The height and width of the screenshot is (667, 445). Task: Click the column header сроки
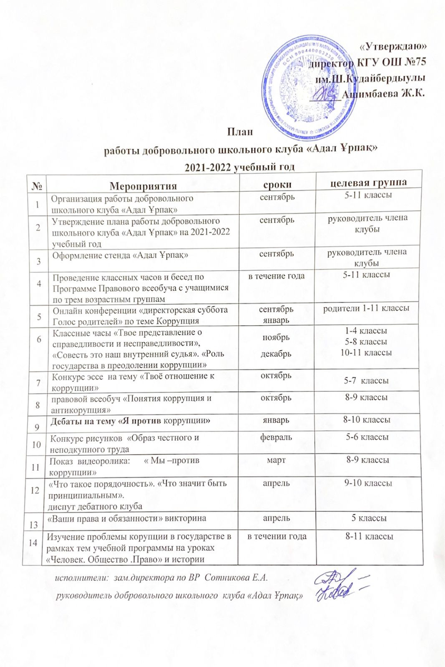[x=279, y=183]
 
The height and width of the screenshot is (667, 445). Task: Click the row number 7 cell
[x=37, y=382]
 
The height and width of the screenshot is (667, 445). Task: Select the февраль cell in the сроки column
[x=278, y=437]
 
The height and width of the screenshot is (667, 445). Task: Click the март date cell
[x=278, y=460]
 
